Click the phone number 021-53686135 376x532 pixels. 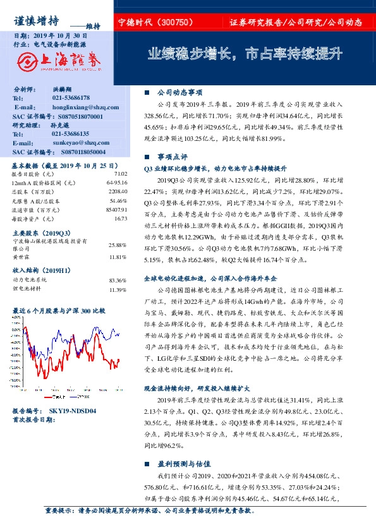click(70, 134)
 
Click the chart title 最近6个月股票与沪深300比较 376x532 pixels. click(59, 311)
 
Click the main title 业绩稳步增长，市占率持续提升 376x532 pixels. click(245, 54)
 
